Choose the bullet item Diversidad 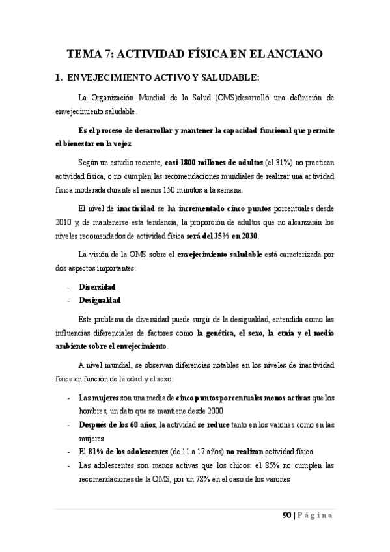98,286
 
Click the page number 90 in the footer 287,516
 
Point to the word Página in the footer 317,516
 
